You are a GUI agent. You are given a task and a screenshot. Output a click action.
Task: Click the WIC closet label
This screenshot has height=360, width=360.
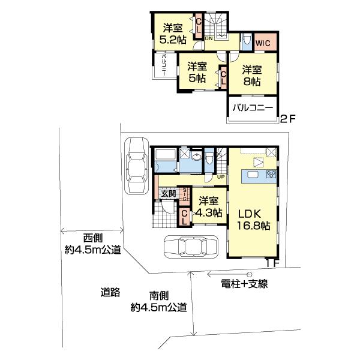262,43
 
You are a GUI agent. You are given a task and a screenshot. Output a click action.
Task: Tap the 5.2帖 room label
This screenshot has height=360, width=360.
175,33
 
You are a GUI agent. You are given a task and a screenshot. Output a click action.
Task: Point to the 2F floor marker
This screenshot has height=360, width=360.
289,119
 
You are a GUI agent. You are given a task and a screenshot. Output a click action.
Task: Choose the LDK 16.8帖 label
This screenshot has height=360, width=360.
254,220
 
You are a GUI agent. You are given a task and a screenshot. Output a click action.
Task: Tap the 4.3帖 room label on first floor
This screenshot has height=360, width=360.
209,207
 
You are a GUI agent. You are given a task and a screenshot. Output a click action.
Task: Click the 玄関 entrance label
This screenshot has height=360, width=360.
168,193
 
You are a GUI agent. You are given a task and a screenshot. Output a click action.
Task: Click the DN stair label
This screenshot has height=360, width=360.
208,39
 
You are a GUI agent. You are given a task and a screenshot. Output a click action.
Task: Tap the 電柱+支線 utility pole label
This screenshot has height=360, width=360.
242,284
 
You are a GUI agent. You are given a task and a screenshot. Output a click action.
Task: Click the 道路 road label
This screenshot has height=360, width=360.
110,293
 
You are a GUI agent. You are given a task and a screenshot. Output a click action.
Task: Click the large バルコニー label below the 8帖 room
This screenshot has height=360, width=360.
252,109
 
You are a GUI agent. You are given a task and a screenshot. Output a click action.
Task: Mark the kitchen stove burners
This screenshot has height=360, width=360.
269,175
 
